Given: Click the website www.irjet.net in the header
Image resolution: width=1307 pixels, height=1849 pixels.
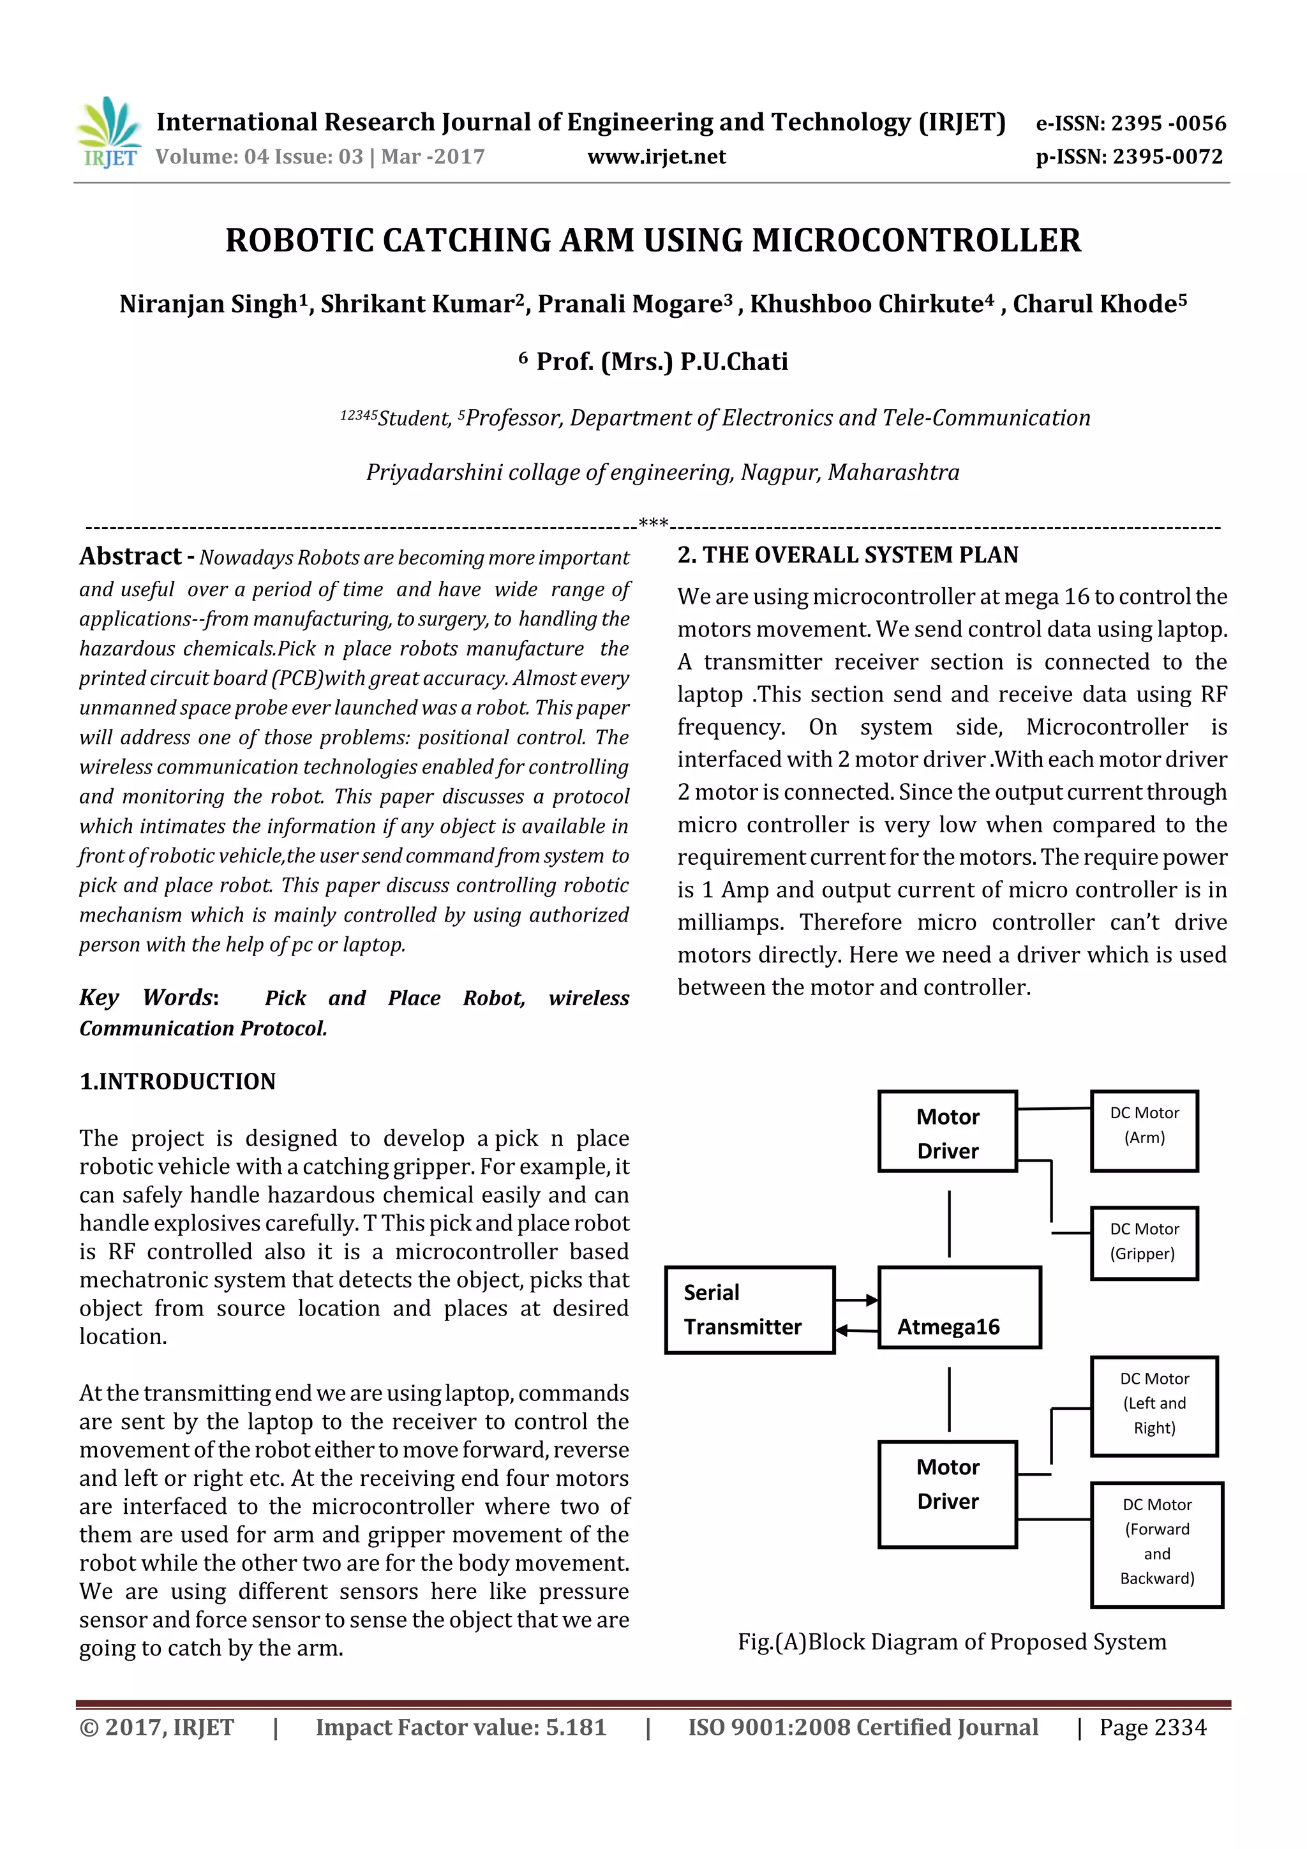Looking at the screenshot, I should (656, 157).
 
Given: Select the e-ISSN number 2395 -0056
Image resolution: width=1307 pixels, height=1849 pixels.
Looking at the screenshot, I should (1168, 123).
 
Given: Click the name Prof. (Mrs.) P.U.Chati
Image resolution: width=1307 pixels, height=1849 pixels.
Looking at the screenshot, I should (662, 362).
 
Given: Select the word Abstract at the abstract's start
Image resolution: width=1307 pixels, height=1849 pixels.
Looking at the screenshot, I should (130, 557).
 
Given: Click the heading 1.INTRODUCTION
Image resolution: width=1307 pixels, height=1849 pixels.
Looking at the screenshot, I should (177, 1082).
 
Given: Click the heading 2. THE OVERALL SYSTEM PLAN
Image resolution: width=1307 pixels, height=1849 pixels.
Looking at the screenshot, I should (848, 555).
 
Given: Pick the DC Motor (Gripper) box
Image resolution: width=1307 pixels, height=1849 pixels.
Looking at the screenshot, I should (1144, 1243).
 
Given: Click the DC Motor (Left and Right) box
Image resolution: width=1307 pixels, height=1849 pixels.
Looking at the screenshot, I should (1153, 1406).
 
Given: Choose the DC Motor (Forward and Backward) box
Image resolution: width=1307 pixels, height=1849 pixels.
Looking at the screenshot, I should (1156, 1545).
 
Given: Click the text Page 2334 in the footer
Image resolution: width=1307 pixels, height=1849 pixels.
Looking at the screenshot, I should (1153, 1727).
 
